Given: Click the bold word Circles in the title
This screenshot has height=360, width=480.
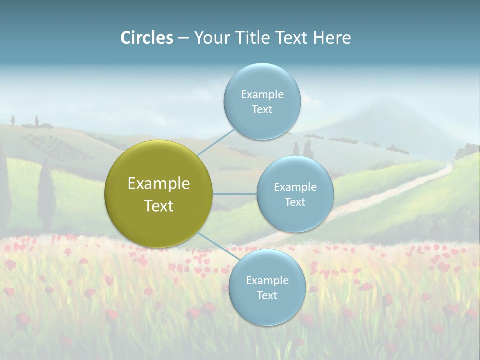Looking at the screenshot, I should [x=147, y=38].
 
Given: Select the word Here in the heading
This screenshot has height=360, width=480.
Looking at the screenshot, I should [x=332, y=38].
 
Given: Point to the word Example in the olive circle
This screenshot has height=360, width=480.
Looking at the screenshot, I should [x=159, y=184].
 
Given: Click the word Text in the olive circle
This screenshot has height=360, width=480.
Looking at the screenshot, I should [x=159, y=206].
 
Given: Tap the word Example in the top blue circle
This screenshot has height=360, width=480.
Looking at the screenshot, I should [x=262, y=95].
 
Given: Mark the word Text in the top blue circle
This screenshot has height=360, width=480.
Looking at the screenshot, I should [x=262, y=110].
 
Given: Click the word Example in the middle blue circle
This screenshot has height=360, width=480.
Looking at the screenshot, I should [x=295, y=187].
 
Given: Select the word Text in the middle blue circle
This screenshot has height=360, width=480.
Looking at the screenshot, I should [x=295, y=202].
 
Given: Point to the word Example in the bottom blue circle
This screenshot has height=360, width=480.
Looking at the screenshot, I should [x=267, y=281].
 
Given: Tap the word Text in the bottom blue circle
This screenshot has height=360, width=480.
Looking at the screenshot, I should [x=267, y=296].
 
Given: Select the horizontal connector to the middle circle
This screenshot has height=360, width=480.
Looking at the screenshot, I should [x=235, y=194].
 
